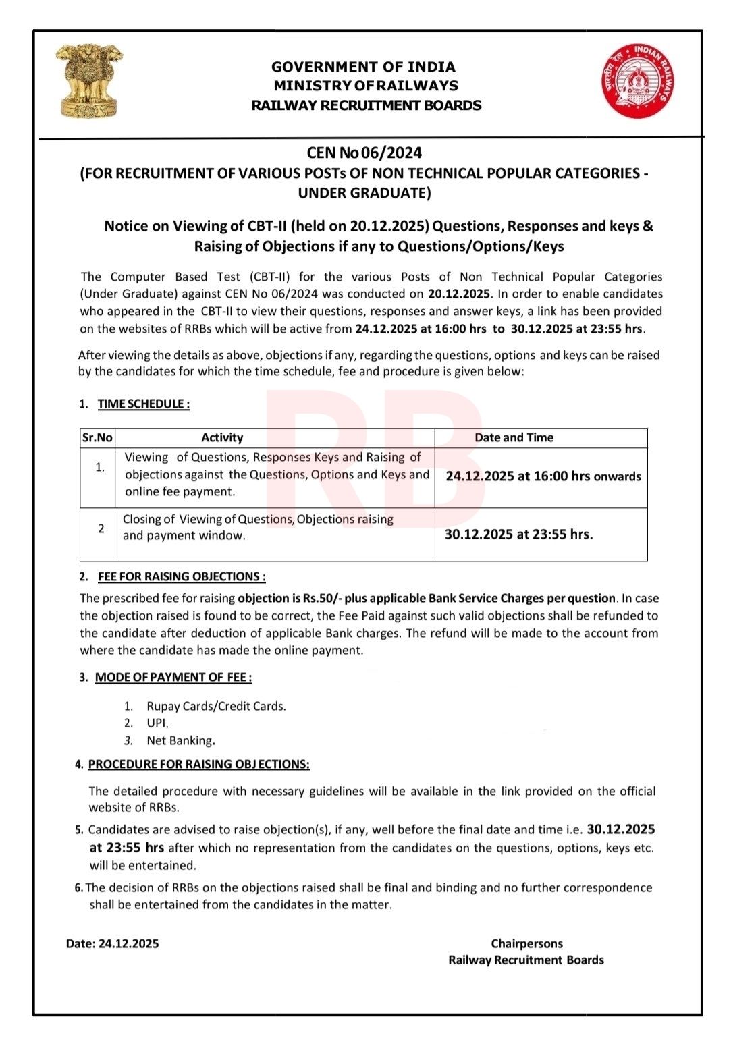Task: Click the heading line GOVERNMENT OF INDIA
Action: coord(363,67)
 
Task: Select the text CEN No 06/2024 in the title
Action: coord(364,153)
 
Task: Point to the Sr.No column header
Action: coord(97,437)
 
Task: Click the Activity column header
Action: coord(222,437)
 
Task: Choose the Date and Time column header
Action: coord(514,437)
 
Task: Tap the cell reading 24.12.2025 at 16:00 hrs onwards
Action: coord(543,476)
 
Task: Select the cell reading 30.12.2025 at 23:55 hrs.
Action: coord(518,534)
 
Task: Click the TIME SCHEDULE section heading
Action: coord(143,404)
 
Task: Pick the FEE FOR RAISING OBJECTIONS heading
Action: coord(182,576)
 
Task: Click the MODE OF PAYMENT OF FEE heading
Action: coord(173,677)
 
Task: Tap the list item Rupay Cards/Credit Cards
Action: coord(216,706)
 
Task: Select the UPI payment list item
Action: coord(157,723)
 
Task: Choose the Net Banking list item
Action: coord(180,740)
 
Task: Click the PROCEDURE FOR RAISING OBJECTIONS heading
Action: coord(199,764)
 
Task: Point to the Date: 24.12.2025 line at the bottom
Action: coord(113,943)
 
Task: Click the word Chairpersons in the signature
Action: coord(526,943)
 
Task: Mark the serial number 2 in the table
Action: coord(101,528)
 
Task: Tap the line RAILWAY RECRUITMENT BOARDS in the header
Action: coord(366,105)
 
